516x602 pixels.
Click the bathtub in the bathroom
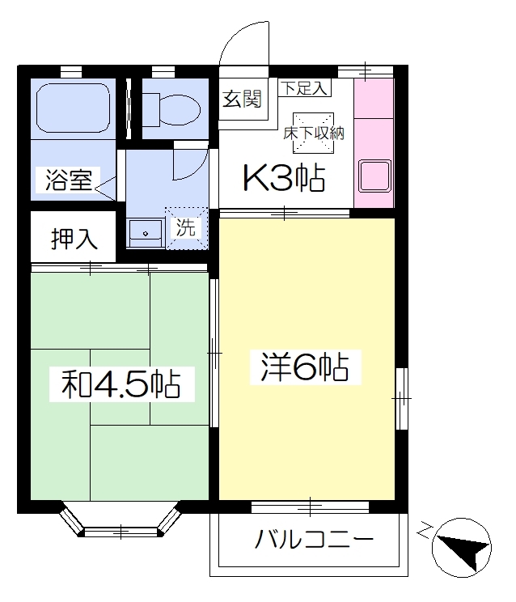point(74,108)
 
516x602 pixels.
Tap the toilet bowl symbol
point(171,109)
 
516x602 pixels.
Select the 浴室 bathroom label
point(69,180)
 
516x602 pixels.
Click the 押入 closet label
point(74,239)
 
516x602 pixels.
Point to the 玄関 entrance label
point(242,99)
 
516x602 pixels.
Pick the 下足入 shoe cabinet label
point(304,87)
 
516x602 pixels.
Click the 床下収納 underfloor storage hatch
point(314,133)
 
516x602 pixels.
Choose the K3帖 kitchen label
point(284,178)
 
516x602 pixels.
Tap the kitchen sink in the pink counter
point(374,176)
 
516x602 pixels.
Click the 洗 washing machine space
point(187,228)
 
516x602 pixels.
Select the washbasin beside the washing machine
point(145,233)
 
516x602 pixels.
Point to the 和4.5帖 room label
point(121,384)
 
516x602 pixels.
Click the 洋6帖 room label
point(305,367)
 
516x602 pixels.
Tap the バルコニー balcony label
point(314,539)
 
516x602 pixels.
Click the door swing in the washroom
point(191,163)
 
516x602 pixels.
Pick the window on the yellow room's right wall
point(401,399)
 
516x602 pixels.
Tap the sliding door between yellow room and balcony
point(310,507)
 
